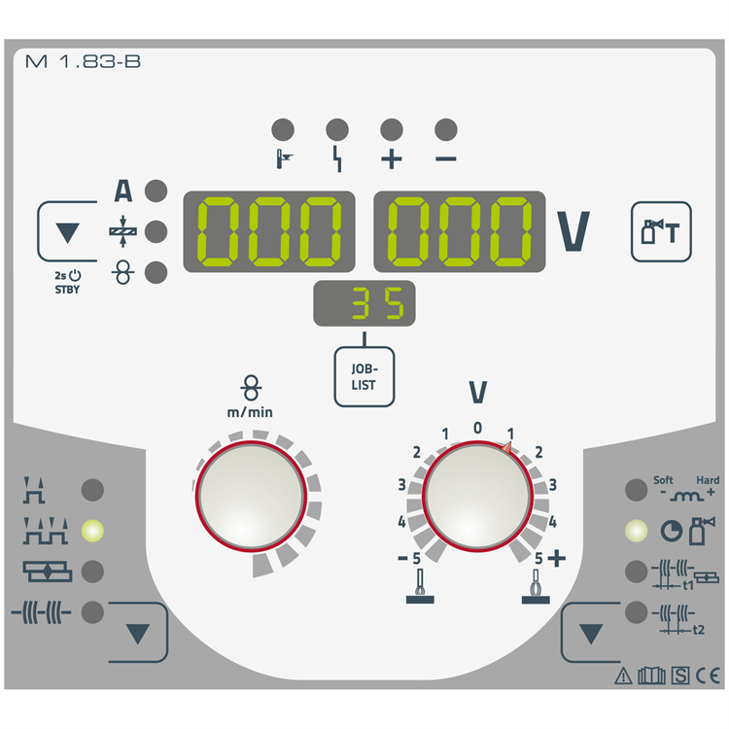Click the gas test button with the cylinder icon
click(661, 231)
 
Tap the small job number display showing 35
click(364, 303)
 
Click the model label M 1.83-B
click(83, 61)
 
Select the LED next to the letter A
click(156, 191)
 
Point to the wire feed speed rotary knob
click(251, 496)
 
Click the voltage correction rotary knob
click(477, 496)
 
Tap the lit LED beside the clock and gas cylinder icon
click(636, 531)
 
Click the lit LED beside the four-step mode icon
click(92, 531)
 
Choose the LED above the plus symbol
click(392, 129)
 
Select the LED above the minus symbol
click(446, 129)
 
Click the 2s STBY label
click(67, 282)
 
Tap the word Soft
click(663, 480)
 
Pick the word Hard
click(708, 480)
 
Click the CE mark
click(708, 676)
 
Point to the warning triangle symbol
click(623, 676)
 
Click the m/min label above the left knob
click(250, 412)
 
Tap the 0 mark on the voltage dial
click(477, 428)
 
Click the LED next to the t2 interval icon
click(636, 611)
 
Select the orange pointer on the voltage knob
click(506, 448)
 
